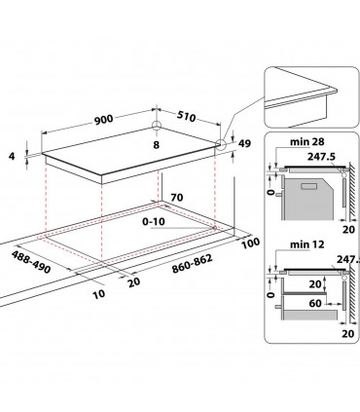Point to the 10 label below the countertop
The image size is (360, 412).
[x=97, y=292]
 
